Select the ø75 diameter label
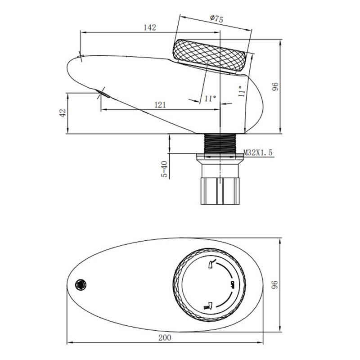tap(216, 18)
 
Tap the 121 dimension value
tap(160, 105)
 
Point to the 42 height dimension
tap(63, 112)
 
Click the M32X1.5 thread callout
tap(258, 153)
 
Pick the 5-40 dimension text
tap(164, 170)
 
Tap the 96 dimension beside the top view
tap(275, 284)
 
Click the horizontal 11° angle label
tap(210, 98)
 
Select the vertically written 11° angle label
tap(242, 92)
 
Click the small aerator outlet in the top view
tap(81, 284)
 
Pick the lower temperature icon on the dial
tap(208, 305)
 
